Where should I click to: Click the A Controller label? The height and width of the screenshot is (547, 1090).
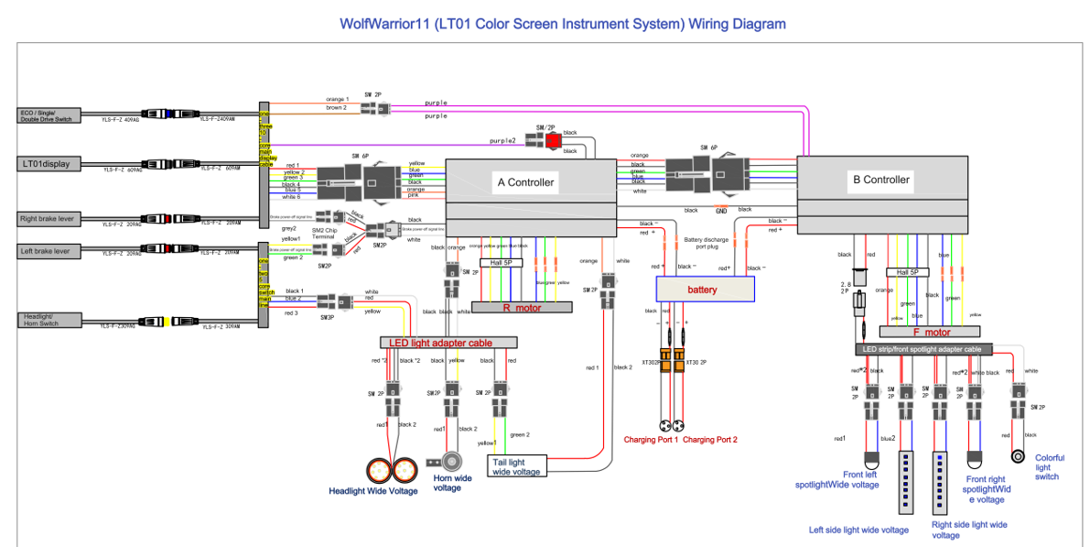coord(525,182)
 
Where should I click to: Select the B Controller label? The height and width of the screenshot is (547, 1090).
coord(881,180)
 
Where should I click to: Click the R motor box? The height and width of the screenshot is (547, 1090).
coord(522,308)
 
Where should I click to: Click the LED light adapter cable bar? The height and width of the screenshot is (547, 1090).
coord(448,343)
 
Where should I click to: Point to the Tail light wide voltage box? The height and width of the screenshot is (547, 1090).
coord(517,465)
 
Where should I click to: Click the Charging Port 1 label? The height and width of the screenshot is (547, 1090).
coord(651,440)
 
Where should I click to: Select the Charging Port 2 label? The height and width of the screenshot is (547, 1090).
coord(710,440)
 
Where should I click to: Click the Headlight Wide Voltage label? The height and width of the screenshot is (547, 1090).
coord(372,491)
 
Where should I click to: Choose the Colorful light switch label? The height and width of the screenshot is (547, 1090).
coord(1048,467)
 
